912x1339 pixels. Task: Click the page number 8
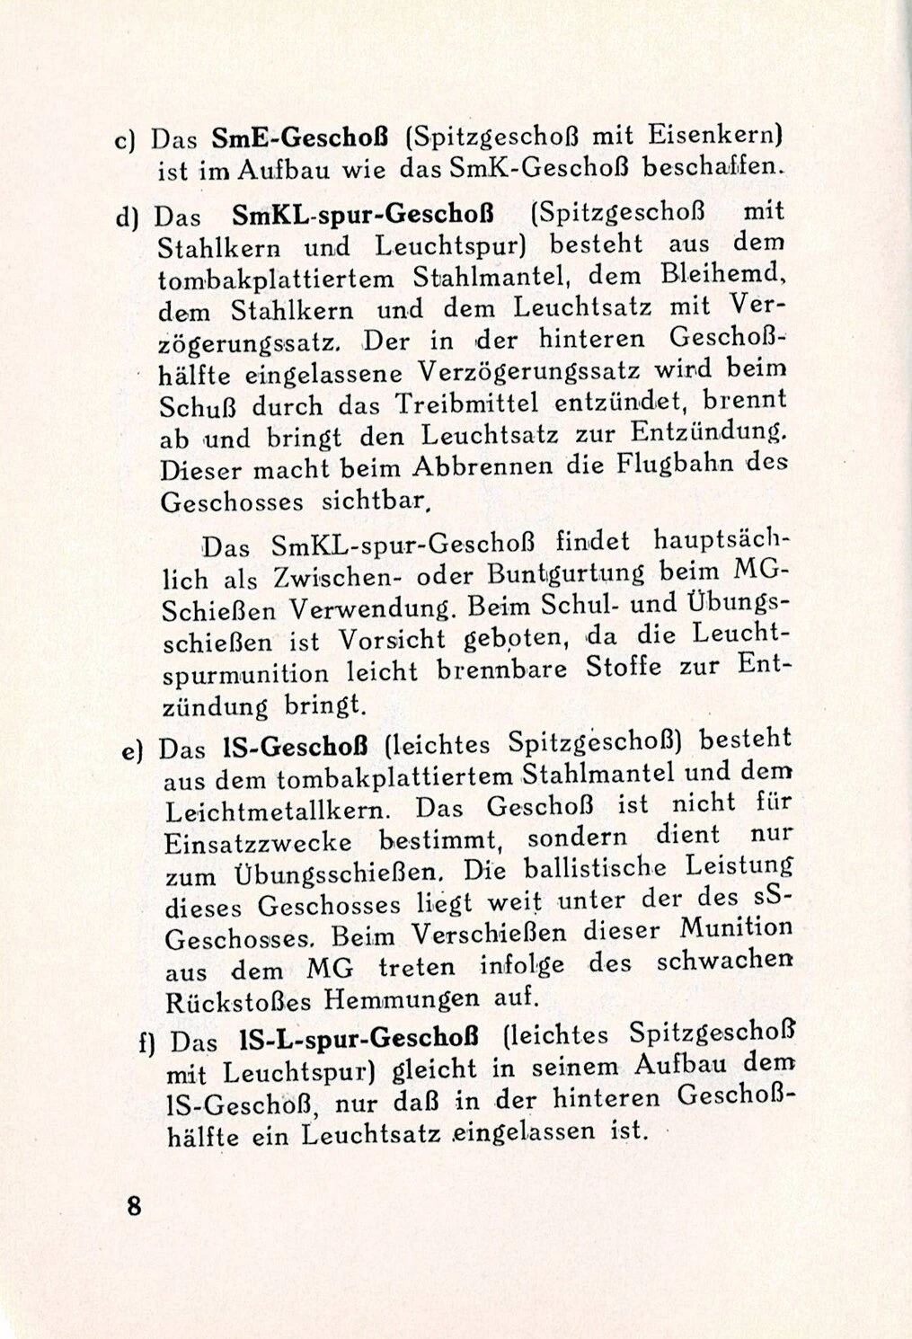click(x=134, y=1205)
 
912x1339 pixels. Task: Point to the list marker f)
click(x=148, y=1043)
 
